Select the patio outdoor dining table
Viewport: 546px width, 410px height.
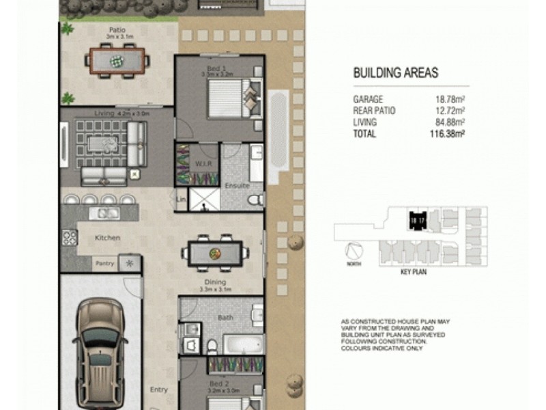pos(118,59)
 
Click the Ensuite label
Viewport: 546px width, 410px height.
pos(236,186)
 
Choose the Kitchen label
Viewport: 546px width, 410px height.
pos(108,238)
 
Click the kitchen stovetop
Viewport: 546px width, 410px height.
pos(70,237)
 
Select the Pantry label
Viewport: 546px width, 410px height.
pos(104,262)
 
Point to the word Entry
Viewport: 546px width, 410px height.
pos(158,390)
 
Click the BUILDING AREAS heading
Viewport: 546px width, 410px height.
pos(395,73)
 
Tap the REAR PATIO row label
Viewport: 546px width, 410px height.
pos(374,111)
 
